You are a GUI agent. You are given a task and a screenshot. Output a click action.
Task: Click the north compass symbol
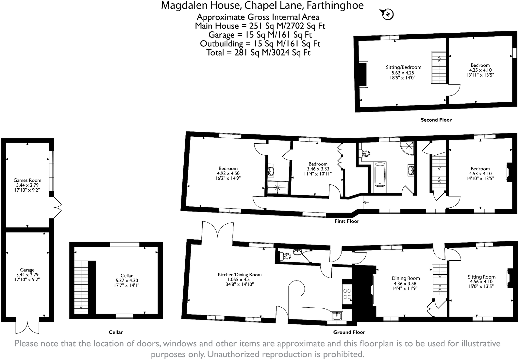coord(387,14)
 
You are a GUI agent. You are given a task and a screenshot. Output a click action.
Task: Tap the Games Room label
coord(27,180)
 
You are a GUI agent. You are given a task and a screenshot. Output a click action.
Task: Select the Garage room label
coord(27,270)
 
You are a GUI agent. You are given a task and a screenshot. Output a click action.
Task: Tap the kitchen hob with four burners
coord(347,294)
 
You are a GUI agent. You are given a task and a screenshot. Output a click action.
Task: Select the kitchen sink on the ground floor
coord(337,316)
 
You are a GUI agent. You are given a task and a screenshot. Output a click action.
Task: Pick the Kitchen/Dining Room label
coord(240,275)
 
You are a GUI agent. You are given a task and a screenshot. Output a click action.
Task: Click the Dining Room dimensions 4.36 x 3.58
coord(406,283)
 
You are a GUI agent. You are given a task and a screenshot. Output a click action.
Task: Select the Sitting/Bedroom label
coord(404,67)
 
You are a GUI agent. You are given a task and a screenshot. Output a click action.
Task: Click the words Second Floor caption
coord(436,120)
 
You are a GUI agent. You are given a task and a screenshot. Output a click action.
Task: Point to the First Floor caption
coord(346,221)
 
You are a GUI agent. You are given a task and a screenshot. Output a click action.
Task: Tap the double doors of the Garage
coord(27,326)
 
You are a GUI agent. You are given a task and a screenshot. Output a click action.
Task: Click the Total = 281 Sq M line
coord(258,52)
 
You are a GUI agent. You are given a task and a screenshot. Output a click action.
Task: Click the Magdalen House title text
coord(262,6)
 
